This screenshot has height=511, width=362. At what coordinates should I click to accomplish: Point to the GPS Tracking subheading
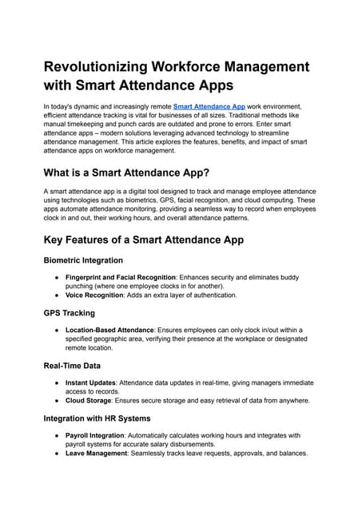69,313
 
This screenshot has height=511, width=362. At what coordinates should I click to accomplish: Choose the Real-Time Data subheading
73,366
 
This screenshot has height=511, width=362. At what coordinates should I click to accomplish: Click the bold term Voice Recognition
94,295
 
